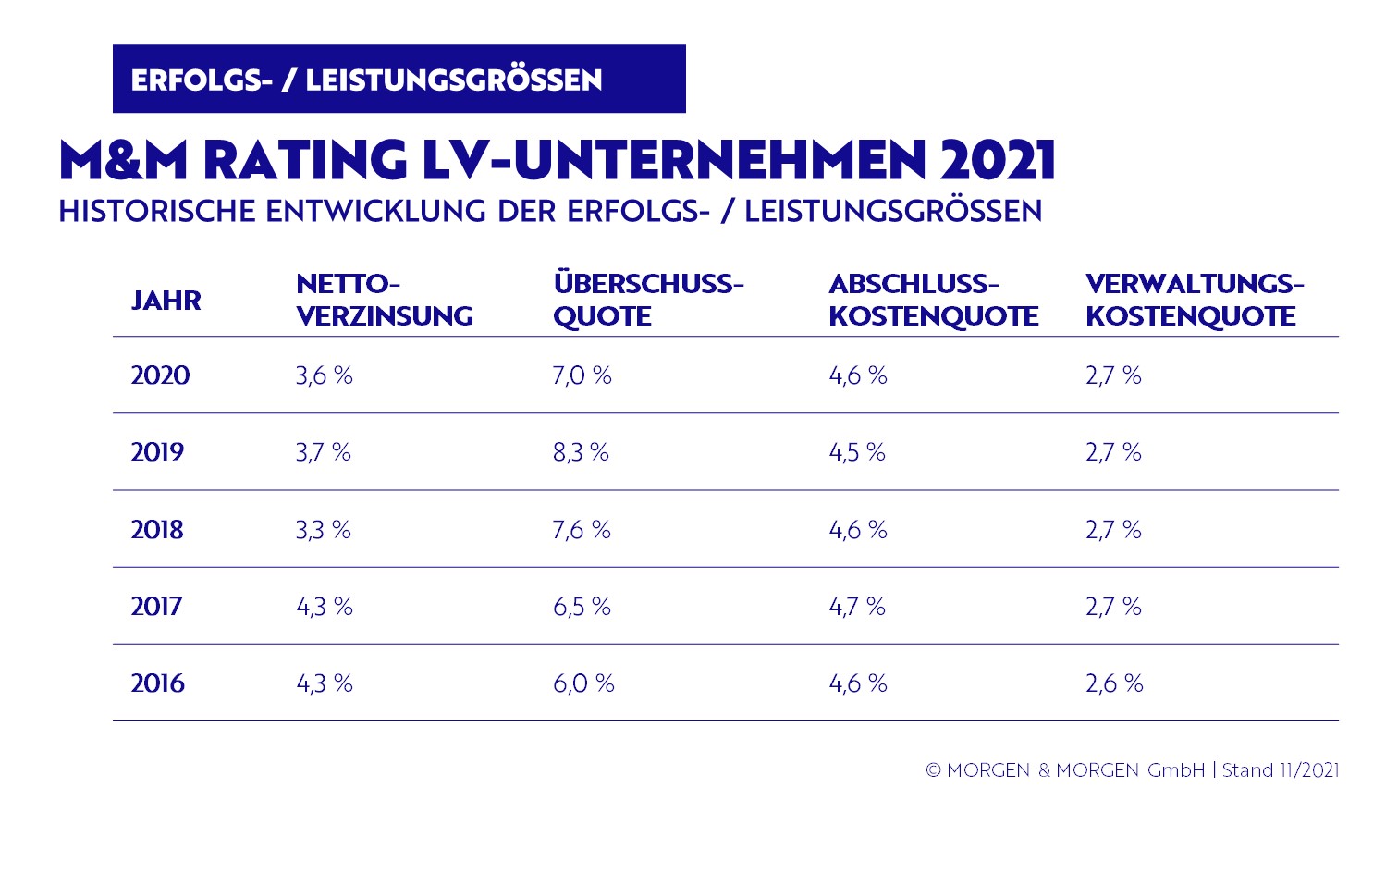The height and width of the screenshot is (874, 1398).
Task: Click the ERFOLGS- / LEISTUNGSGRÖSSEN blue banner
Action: pos(399,80)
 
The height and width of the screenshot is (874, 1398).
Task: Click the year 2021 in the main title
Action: pos(999,161)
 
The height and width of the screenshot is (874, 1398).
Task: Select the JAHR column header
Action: pos(166,301)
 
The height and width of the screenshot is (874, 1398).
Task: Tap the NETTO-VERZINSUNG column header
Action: pos(384,300)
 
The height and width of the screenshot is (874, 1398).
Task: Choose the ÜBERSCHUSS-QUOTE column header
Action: pos(648,300)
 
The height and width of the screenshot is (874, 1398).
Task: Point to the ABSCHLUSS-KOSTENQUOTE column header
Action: pos(933,300)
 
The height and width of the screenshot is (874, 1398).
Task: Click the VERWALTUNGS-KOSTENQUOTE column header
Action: pos(1194,300)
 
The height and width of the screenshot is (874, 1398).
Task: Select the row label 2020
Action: pos(160,375)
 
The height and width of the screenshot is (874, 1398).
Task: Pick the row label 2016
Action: pos(157,683)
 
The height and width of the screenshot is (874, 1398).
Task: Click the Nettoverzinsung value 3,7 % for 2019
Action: pos(324,452)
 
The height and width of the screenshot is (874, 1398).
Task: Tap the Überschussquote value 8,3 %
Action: pos(581,452)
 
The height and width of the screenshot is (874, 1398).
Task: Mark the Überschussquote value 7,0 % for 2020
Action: pos(582,375)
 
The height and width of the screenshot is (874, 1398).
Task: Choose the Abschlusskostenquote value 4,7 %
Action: pos(857,607)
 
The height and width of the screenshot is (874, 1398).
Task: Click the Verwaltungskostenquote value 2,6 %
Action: pos(1114,683)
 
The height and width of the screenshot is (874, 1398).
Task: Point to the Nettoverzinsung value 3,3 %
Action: pos(324,530)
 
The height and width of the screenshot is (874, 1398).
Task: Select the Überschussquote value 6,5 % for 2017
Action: pos(582,607)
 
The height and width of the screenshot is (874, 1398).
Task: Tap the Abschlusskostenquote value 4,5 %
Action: pos(857,452)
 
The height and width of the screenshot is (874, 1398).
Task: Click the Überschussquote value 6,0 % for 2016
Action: pos(583,683)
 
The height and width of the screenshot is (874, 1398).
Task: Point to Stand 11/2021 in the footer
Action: pos(1281,770)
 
